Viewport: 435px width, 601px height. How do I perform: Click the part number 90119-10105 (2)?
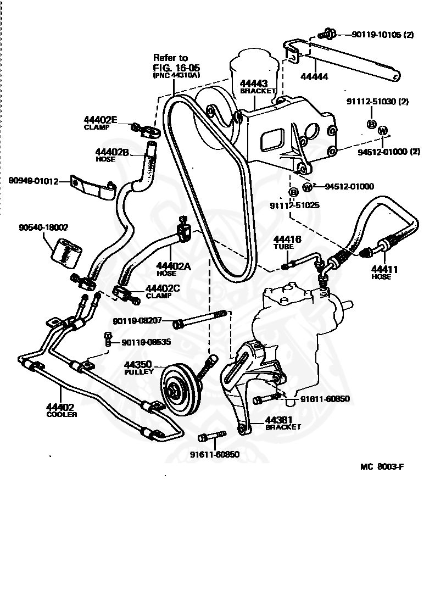click(383, 35)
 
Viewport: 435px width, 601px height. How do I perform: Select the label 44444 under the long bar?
click(314, 77)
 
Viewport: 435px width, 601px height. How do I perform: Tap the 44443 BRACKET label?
click(258, 87)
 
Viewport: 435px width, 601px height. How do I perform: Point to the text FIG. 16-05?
click(177, 68)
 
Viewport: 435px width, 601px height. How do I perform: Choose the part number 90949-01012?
click(34, 181)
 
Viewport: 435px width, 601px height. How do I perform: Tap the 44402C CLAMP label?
click(163, 292)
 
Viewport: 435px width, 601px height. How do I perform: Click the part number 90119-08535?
click(146, 342)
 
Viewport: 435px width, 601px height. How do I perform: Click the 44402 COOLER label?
click(62, 410)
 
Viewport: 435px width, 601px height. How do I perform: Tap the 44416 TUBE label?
click(287, 242)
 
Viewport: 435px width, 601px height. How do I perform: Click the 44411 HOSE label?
click(384, 272)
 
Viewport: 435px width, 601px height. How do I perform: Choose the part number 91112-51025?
click(295, 205)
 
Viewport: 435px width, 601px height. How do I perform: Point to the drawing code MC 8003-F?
click(382, 466)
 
